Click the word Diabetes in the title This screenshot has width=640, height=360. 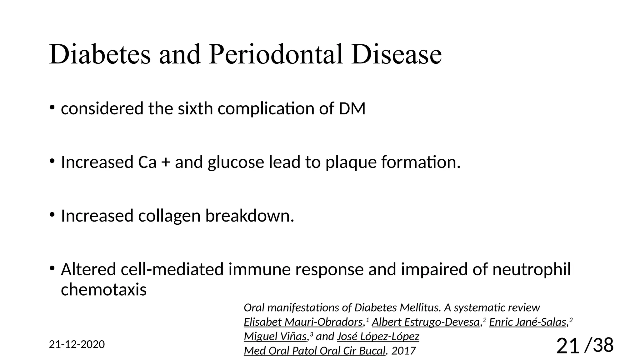(100, 54)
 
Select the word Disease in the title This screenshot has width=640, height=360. (396, 54)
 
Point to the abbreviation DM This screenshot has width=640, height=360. (352, 109)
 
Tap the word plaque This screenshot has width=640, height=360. (350, 162)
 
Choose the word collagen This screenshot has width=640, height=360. (169, 216)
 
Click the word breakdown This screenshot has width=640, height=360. (249, 216)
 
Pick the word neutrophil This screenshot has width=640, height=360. (531, 269)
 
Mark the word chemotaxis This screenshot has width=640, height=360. (103, 290)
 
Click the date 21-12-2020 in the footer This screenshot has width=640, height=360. (77, 344)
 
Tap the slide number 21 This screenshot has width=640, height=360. (567, 346)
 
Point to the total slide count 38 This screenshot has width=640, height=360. (603, 345)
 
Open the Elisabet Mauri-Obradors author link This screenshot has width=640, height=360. (303, 322)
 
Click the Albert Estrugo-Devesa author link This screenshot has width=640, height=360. (426, 322)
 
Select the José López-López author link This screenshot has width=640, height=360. (378, 336)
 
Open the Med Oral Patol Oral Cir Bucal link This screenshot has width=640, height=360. (314, 351)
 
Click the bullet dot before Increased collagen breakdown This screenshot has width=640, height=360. (52, 215)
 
